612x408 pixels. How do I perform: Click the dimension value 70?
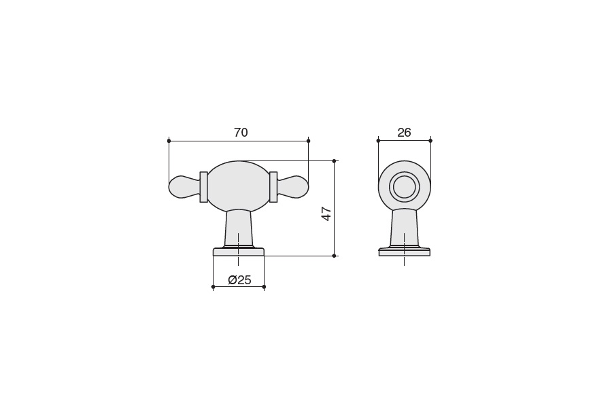point(241,133)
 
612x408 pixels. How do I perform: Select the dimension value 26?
point(404,133)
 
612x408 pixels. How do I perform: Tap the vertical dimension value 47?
point(326,214)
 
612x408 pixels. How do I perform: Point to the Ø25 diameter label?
point(239,279)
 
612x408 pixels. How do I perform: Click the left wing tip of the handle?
point(169,188)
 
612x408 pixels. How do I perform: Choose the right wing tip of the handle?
point(308,188)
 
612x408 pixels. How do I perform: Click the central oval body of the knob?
point(239,186)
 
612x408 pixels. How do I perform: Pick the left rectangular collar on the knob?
point(203,187)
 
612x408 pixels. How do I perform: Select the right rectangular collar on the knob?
point(273,187)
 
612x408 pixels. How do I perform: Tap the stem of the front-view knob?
point(239,228)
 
